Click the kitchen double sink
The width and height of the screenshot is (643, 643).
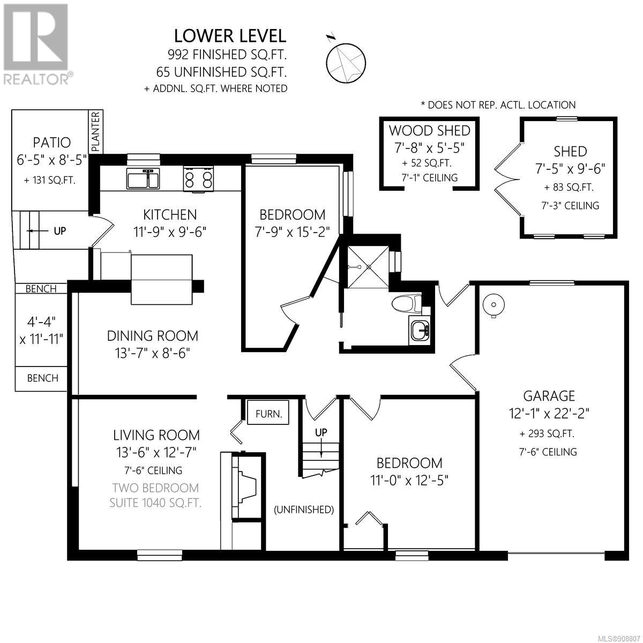click(143, 178)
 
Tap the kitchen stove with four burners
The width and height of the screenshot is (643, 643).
click(199, 179)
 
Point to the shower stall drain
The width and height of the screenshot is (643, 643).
click(369, 267)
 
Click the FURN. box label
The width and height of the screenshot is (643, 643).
click(268, 414)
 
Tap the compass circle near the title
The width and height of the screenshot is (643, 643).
click(346, 63)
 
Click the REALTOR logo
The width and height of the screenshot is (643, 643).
click(36, 44)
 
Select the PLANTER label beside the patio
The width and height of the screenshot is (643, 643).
click(95, 131)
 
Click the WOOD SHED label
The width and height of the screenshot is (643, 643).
click(429, 130)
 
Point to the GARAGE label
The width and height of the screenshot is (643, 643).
click(549, 396)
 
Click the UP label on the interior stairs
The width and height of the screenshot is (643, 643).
click(321, 432)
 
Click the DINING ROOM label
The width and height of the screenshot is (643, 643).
click(153, 335)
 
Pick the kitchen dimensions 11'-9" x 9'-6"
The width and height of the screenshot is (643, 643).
click(170, 231)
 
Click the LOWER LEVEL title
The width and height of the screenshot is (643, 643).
click(230, 36)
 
